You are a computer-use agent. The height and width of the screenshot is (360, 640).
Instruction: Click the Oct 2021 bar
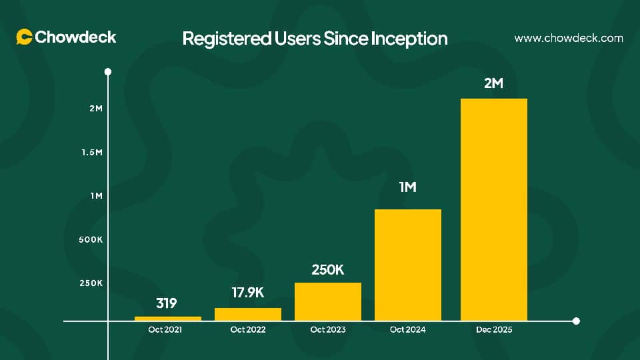click(168, 319)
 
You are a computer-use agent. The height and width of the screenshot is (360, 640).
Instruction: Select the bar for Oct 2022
click(248, 314)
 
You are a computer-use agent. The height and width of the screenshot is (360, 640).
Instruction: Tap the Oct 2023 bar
click(328, 301)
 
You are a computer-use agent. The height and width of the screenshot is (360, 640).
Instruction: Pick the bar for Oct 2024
click(408, 265)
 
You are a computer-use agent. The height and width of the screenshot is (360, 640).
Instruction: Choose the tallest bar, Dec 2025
click(494, 209)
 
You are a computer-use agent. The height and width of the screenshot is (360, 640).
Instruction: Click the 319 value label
click(167, 304)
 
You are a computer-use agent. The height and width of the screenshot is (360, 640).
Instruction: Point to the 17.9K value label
click(247, 293)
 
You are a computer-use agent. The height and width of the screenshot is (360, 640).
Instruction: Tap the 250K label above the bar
click(327, 270)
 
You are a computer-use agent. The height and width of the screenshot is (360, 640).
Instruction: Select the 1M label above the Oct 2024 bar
click(407, 187)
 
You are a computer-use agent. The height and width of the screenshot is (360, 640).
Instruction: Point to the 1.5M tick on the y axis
click(92, 152)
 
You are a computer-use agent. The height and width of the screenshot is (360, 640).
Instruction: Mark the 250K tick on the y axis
click(91, 283)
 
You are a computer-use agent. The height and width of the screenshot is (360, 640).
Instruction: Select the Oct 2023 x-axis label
click(328, 329)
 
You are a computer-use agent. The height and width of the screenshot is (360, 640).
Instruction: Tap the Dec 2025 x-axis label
click(494, 329)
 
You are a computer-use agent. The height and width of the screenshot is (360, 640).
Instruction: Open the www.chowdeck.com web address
click(569, 39)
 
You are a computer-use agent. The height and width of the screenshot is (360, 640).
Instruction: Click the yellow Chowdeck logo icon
click(25, 37)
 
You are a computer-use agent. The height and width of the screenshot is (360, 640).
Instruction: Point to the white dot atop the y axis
click(108, 71)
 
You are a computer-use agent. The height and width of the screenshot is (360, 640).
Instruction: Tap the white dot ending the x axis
click(576, 321)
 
